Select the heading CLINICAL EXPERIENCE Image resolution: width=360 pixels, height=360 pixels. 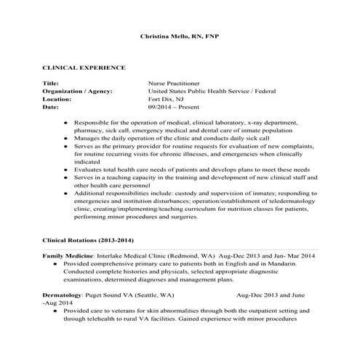pos(84,67)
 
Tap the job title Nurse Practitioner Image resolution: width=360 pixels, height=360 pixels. pos(175,84)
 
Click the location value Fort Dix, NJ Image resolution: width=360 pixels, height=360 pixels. pos(167,99)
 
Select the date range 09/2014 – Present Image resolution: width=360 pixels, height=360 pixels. pos(172,107)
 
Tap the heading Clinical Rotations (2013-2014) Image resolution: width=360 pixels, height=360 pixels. pos(88,240)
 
